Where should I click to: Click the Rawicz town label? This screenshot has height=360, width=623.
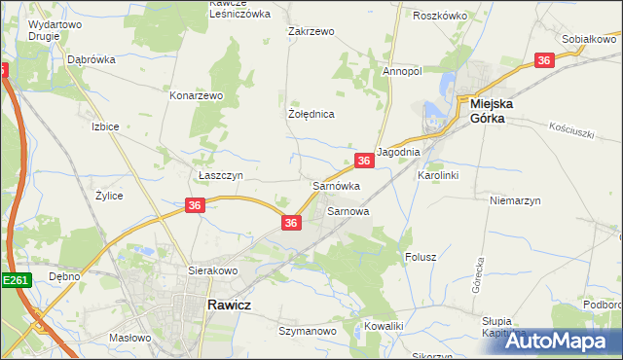[230, 305]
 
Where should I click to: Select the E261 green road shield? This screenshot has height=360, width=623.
[16, 280]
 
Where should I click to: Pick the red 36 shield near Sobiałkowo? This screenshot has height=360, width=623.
[545, 60]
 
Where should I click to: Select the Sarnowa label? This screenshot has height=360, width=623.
[348, 210]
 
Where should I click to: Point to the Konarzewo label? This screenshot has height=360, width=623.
[198, 96]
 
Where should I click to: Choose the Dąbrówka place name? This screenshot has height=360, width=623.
[92, 59]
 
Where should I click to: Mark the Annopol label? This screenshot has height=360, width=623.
[401, 71]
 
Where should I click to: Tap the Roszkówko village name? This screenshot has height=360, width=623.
[440, 17]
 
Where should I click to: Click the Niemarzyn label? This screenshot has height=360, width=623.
[513, 199]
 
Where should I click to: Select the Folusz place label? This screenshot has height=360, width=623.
[420, 258]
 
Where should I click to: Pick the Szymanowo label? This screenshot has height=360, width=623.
[307, 332]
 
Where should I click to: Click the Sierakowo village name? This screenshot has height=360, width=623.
[213, 271]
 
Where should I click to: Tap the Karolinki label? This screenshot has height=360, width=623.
[437, 175]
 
